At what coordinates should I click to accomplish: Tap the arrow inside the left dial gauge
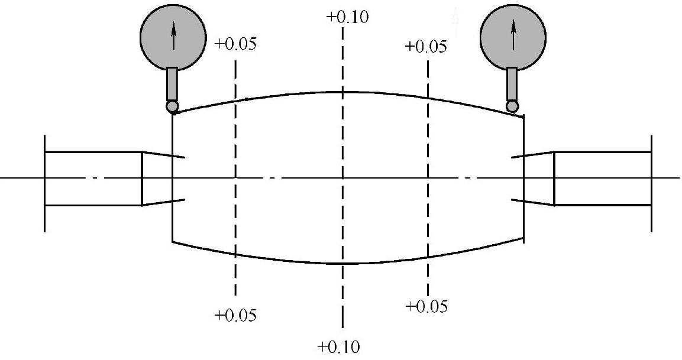pyautogui.click(x=173, y=37)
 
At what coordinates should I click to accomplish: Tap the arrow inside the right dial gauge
pyautogui.click(x=513, y=35)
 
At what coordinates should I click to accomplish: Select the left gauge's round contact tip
pyautogui.click(x=172, y=106)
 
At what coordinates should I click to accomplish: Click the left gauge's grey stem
pyautogui.click(x=172, y=84)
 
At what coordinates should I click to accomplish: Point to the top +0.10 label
pyautogui.click(x=347, y=17)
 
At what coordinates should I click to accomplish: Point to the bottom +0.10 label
pyautogui.click(x=338, y=346)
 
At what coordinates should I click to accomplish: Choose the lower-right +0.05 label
pyautogui.click(x=427, y=306)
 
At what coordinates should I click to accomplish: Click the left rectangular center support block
pyautogui.click(x=93, y=179)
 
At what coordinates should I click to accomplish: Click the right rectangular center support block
pyautogui.click(x=602, y=179)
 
